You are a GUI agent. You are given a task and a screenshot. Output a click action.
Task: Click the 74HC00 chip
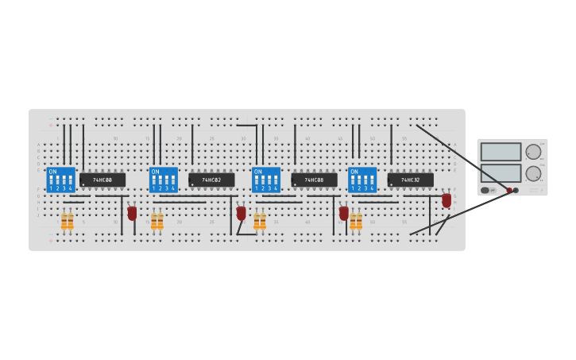(x=102, y=180)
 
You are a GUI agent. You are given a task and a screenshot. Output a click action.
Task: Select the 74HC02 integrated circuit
(x=211, y=180)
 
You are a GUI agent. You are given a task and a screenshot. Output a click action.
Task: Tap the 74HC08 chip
(x=314, y=180)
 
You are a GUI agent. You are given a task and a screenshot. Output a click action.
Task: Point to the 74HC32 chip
(x=410, y=180)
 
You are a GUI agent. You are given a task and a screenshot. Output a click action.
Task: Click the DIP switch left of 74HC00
(x=60, y=180)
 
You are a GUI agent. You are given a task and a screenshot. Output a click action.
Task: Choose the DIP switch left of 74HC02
(x=163, y=180)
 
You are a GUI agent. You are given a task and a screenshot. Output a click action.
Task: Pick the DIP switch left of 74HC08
(x=265, y=180)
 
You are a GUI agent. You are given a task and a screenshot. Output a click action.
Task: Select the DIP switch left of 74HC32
(x=361, y=180)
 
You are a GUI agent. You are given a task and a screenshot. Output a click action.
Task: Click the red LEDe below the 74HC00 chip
(x=132, y=213)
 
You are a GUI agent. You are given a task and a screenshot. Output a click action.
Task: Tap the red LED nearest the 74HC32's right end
(x=446, y=199)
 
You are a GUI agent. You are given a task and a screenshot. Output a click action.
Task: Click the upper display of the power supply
(x=501, y=152)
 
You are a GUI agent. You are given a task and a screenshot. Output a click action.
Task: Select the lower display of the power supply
(x=501, y=172)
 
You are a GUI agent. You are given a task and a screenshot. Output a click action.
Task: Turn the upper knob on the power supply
(x=533, y=152)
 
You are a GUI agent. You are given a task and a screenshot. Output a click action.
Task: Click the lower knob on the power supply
(x=533, y=172)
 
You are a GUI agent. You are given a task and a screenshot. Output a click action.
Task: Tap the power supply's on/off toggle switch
(x=485, y=190)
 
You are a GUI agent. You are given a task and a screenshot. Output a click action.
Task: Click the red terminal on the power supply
(x=509, y=190)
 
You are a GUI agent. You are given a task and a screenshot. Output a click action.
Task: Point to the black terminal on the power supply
(x=516, y=190)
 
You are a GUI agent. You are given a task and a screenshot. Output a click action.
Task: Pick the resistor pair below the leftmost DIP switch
(x=68, y=221)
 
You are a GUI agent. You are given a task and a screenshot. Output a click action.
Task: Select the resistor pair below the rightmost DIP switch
(x=356, y=221)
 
